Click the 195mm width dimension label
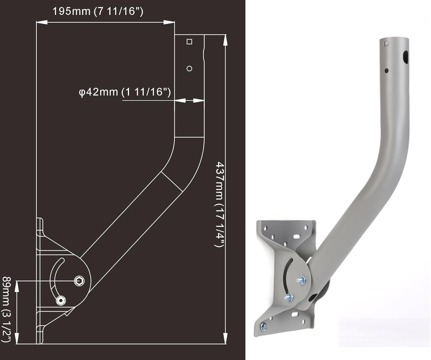click(98, 11)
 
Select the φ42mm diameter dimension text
click(125, 92)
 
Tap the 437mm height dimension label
click(220, 204)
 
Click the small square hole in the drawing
click(189, 42)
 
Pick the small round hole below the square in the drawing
click(189, 69)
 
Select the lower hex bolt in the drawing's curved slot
click(61, 300)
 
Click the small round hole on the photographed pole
click(386, 70)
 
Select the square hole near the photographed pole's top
click(386, 44)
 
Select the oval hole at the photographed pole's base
click(312, 298)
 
